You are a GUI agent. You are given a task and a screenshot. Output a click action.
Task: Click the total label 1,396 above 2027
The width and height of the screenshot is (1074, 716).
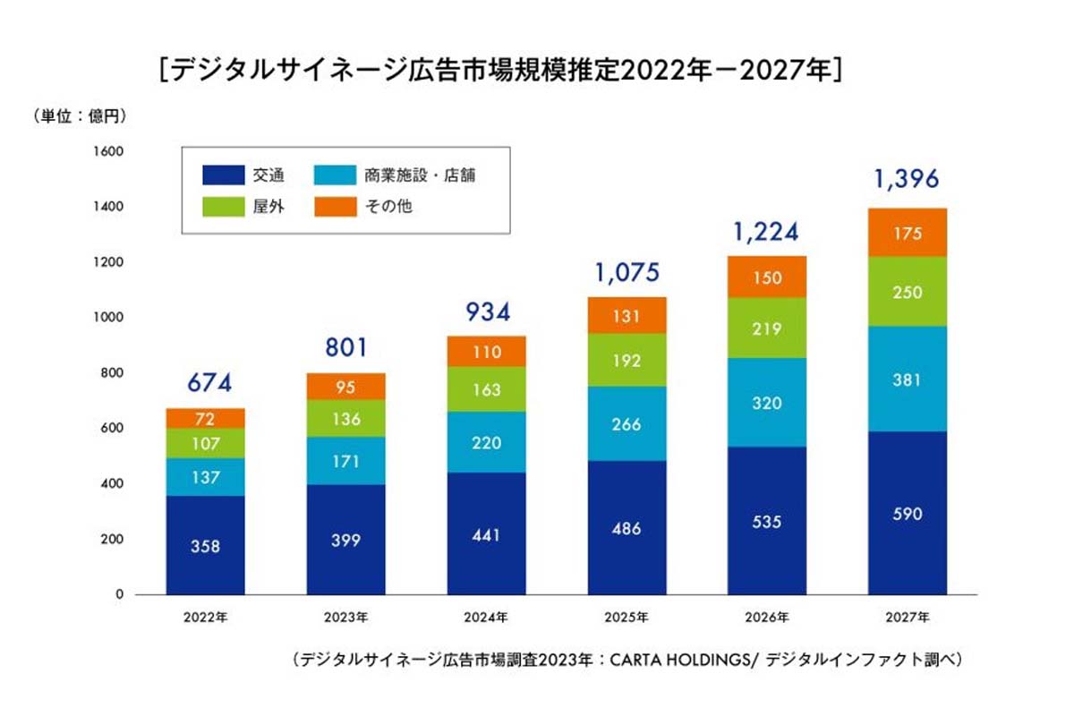tap(907, 180)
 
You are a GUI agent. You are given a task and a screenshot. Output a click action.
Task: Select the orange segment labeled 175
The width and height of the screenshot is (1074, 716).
tap(907, 233)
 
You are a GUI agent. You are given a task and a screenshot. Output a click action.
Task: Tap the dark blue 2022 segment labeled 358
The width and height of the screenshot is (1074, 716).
tap(205, 545)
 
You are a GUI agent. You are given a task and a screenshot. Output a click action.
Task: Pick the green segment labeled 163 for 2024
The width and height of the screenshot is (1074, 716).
tap(486, 390)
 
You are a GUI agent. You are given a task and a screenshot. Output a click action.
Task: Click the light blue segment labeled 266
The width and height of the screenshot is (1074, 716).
tap(626, 424)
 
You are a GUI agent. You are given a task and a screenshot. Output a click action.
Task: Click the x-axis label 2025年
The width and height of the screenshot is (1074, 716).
tap(626, 618)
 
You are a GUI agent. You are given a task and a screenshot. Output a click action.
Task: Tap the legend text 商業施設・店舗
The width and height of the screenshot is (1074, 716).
tap(420, 175)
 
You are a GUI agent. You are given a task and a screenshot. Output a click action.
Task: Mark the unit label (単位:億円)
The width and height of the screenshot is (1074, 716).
tap(80, 115)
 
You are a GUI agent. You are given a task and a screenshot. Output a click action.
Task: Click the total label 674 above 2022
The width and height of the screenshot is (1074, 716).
tap(205, 383)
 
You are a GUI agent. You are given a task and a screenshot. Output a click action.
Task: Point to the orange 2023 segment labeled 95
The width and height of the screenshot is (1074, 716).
tap(345, 387)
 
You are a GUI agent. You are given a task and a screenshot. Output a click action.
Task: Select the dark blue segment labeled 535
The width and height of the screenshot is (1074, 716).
tap(767, 521)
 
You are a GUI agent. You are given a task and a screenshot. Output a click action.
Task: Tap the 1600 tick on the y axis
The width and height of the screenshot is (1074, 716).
tap(107, 152)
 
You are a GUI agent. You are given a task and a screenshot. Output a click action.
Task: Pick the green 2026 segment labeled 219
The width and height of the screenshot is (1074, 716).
tap(767, 328)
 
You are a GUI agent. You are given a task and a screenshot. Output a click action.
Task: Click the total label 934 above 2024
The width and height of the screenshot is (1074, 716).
tap(486, 312)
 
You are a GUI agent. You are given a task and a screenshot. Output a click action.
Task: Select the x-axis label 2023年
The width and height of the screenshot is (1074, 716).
tap(345, 618)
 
